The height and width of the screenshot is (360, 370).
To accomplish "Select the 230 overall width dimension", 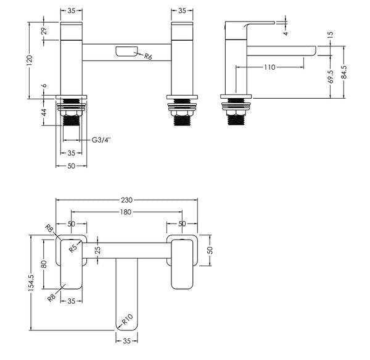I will click(127, 200).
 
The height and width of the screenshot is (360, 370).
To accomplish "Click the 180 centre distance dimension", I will click(127, 212).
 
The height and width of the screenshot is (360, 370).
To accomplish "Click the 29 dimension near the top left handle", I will click(44, 31).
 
